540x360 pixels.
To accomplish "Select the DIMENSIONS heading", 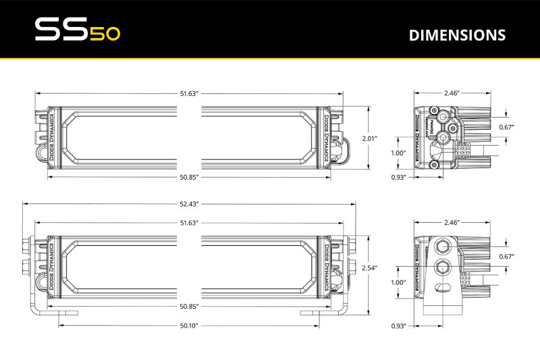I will click(457, 34).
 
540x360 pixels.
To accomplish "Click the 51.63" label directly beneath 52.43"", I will click(188, 222).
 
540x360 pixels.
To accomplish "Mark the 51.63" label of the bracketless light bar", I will click(188, 93).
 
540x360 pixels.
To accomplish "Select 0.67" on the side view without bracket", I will click(506, 127).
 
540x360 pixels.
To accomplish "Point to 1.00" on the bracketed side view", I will click(398, 282).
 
